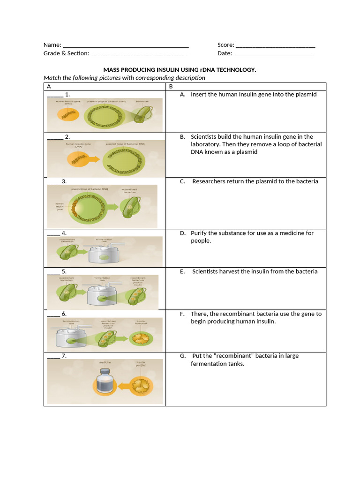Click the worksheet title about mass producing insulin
tap(180, 69)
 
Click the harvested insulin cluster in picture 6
tap(140, 338)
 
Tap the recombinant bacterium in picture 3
tap(129, 207)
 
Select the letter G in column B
tap(182, 356)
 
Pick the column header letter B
tap(171, 87)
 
